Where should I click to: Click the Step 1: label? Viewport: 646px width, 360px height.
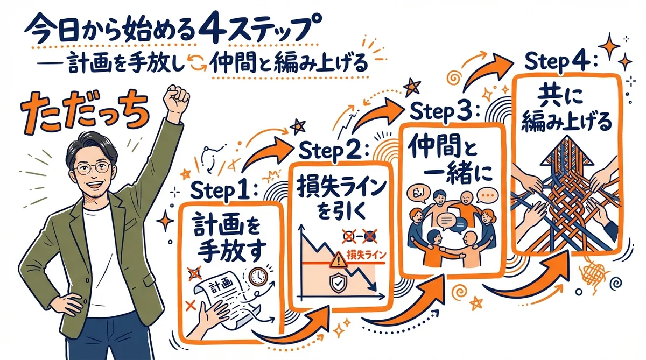coord(225,190)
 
